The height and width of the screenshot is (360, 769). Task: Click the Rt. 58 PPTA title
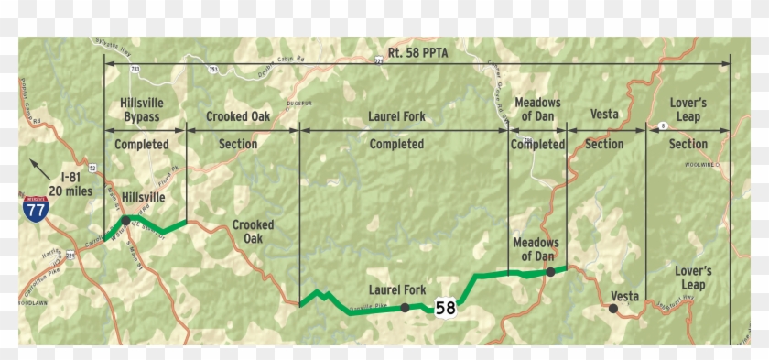tap(417, 53)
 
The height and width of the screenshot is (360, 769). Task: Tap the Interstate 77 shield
tap(34, 208)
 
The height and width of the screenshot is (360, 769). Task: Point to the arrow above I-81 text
tap(37, 166)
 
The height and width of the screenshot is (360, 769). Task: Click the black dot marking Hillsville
tap(125, 221)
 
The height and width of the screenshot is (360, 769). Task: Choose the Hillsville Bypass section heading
tap(142, 110)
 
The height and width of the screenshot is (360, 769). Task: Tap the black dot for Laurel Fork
tap(405, 309)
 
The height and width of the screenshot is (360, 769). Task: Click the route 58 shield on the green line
tap(446, 308)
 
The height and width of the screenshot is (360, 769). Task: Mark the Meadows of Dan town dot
tap(550, 271)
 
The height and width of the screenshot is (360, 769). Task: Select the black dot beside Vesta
tap(612, 309)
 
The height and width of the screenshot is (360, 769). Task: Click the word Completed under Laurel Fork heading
tap(396, 144)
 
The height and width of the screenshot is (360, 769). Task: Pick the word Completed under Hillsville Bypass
tap(142, 144)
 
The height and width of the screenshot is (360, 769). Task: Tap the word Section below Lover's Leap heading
tap(688, 144)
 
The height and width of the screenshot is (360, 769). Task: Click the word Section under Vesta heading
tap(604, 144)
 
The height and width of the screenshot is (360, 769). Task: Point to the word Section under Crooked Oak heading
tap(238, 144)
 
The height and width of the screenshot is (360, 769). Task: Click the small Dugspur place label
tap(300, 103)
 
